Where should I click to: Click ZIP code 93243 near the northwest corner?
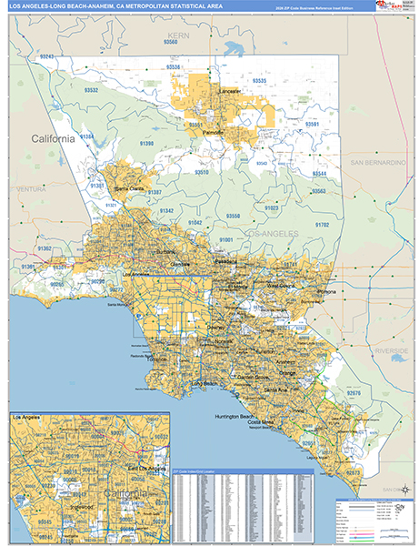(x=47, y=57)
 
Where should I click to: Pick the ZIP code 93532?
(x=91, y=91)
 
